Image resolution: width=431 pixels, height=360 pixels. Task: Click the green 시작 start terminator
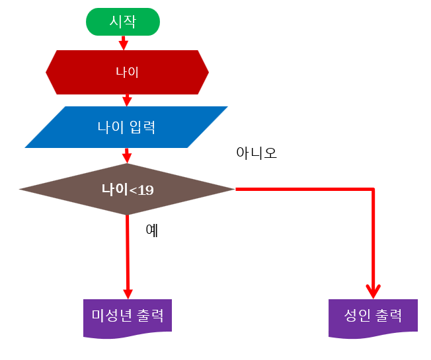[x=123, y=21]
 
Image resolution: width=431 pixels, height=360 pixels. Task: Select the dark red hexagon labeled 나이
[x=127, y=72]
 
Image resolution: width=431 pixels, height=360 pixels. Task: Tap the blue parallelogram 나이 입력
[x=126, y=126]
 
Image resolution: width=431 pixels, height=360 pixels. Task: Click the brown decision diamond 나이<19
[x=127, y=190]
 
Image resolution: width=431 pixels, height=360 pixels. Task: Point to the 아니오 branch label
[x=256, y=153]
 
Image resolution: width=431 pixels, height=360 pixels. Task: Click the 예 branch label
[x=151, y=231]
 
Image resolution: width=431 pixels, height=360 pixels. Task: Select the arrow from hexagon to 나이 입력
[x=127, y=100]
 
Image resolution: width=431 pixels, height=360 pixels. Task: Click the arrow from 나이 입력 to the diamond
[x=127, y=156]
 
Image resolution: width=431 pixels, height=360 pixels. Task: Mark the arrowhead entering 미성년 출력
[x=128, y=293]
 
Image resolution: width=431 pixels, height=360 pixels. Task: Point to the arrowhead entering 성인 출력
[x=373, y=291]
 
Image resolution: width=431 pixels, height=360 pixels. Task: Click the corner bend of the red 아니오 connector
[x=373, y=190]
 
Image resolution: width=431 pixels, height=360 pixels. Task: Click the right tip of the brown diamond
[x=233, y=190]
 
